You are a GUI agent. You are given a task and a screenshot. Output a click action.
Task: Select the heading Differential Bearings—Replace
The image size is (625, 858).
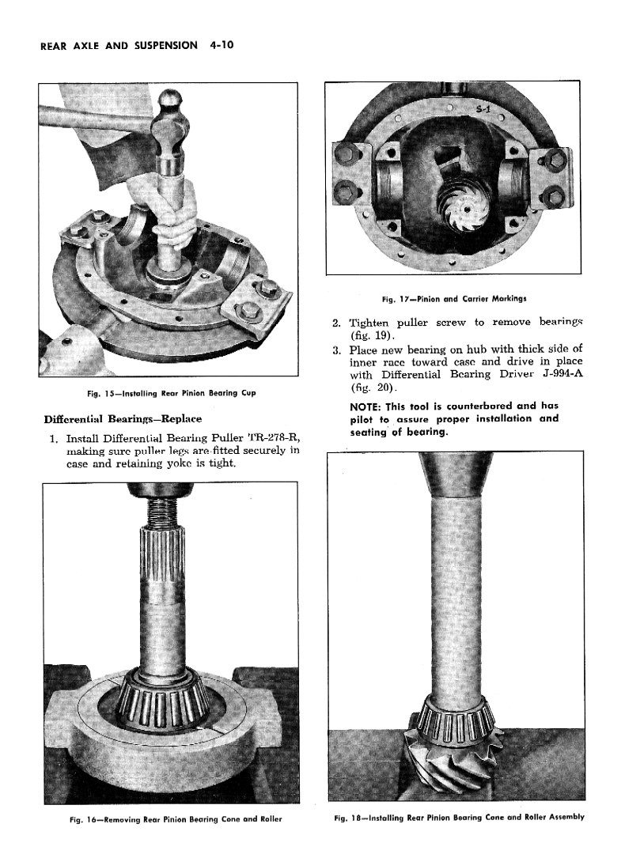(123, 418)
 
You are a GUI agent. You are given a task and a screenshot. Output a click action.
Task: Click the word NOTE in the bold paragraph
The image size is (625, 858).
(366, 406)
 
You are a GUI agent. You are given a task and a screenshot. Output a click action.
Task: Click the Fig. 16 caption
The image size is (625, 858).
(172, 818)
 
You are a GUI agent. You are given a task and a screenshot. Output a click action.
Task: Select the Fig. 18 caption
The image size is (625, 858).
(459, 817)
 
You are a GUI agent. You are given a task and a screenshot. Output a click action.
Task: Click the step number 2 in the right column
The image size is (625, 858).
(335, 323)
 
